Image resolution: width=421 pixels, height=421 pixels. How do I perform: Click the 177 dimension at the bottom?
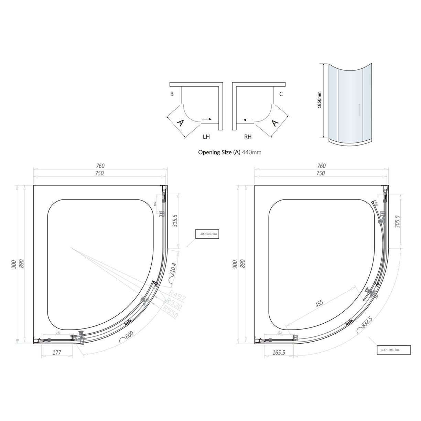[x=57, y=353]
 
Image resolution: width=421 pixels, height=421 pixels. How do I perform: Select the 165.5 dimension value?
[x=279, y=353]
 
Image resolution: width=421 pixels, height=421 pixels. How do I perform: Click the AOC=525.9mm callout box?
[x=206, y=234]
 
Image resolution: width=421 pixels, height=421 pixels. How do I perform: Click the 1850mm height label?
[x=320, y=100]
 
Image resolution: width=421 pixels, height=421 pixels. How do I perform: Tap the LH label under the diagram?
[x=206, y=137]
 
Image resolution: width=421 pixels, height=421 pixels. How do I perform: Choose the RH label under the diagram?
[x=248, y=137]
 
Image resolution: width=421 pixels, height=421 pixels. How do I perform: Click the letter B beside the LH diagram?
[x=172, y=94]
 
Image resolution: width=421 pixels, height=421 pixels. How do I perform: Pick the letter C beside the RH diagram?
[x=281, y=94]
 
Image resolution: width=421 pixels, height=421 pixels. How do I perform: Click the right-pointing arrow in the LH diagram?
[x=207, y=119]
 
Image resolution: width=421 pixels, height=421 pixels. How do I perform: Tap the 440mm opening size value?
[x=251, y=152]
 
